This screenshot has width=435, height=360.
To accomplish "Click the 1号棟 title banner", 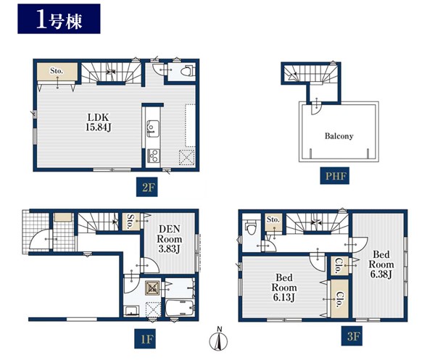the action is coord(59,19).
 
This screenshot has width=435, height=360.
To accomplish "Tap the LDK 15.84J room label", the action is coord(99,122).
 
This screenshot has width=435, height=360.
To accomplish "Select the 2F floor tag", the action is coord(146,188).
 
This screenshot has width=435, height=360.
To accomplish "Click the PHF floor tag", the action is coord(334,176).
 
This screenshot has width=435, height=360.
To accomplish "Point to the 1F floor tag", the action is coord(145,339).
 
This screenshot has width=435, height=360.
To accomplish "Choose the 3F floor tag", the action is coord(352,336).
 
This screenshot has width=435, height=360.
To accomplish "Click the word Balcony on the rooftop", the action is coord(339,136).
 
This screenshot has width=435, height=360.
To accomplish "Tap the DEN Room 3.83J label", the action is coord(170,239).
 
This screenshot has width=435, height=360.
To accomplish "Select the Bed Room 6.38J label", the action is coord(381,264).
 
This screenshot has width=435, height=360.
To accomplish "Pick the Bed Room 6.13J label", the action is coord(284,288).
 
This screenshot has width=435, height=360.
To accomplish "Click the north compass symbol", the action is coord(218,339).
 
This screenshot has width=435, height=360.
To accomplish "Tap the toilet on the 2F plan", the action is coord(188,70).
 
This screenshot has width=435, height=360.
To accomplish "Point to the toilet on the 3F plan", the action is coord(251,227).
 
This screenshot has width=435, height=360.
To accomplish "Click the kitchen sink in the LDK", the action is coord(152,129).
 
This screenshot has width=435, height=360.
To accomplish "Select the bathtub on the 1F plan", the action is coord(181,308).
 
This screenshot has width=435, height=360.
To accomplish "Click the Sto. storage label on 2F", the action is coord(57,71).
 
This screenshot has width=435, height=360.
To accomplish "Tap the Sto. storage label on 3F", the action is coord(273,219).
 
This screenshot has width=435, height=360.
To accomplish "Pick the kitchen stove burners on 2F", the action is coord(154,156).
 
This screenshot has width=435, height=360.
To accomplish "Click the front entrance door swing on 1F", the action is coord(39,239).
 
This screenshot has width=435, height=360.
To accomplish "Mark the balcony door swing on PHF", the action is coord(315,109).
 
